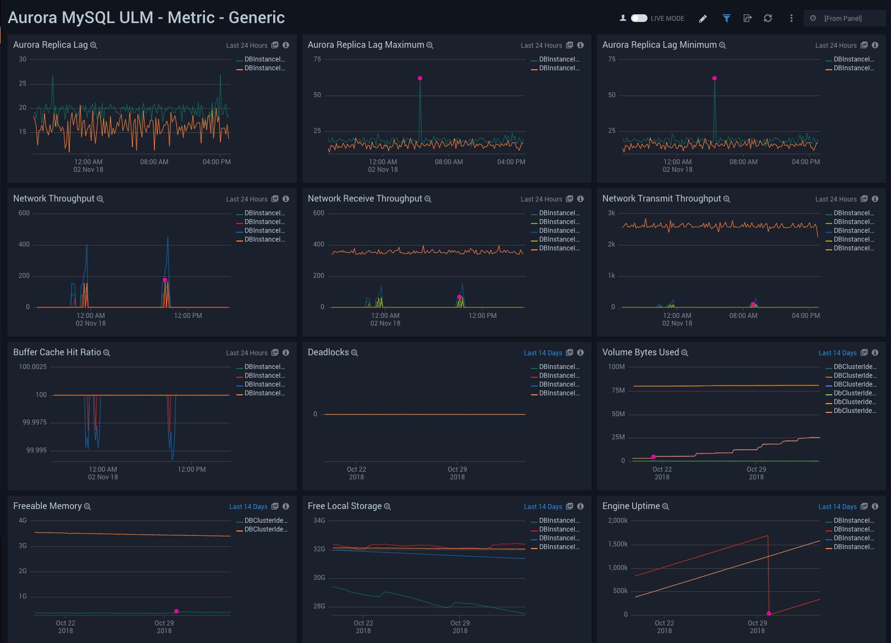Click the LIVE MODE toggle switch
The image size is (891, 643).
pyautogui.click(x=639, y=18)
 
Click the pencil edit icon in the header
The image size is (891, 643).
pyautogui.click(x=702, y=19)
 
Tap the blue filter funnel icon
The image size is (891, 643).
pyautogui.click(x=726, y=19)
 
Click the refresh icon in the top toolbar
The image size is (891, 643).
pyautogui.click(x=768, y=18)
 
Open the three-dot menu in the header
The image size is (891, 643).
pyautogui.click(x=791, y=18)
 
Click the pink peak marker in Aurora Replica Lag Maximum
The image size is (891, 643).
pyautogui.click(x=420, y=79)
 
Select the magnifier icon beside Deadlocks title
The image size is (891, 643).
pyautogui.click(x=355, y=353)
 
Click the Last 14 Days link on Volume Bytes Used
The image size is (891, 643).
pyautogui.click(x=837, y=353)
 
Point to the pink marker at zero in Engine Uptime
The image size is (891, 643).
pyautogui.click(x=769, y=613)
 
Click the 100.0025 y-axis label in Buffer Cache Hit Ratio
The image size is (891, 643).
pyautogui.click(x=33, y=367)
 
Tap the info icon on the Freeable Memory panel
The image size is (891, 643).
pyautogui.click(x=286, y=506)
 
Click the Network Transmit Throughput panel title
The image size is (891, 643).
pyautogui.click(x=661, y=199)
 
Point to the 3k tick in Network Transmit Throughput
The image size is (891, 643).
pyautogui.click(x=611, y=213)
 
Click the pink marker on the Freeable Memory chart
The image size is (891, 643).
pyautogui.click(x=176, y=611)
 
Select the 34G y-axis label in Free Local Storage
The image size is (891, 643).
pyautogui.click(x=319, y=521)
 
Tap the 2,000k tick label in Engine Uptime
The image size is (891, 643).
pyautogui.click(x=618, y=521)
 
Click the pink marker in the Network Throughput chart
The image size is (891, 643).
pyautogui.click(x=165, y=280)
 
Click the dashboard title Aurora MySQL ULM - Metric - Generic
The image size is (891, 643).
pyautogui.click(x=146, y=18)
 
